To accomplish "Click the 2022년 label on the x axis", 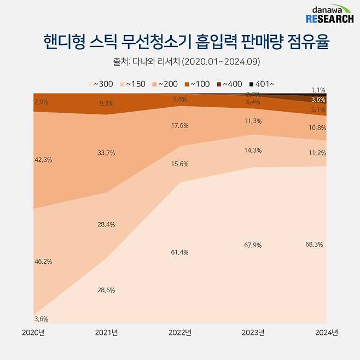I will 180,332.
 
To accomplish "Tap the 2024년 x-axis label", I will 327,332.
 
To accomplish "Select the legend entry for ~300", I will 101,84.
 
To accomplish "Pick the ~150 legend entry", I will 133,84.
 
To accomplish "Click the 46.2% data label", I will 43,262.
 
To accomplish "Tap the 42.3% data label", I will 43,160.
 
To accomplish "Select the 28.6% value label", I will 106,290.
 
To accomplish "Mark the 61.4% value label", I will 180,252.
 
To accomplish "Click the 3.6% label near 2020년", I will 42,319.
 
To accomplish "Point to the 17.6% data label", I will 180,125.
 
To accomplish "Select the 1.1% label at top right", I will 318,90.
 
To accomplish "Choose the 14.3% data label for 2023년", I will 253,150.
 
